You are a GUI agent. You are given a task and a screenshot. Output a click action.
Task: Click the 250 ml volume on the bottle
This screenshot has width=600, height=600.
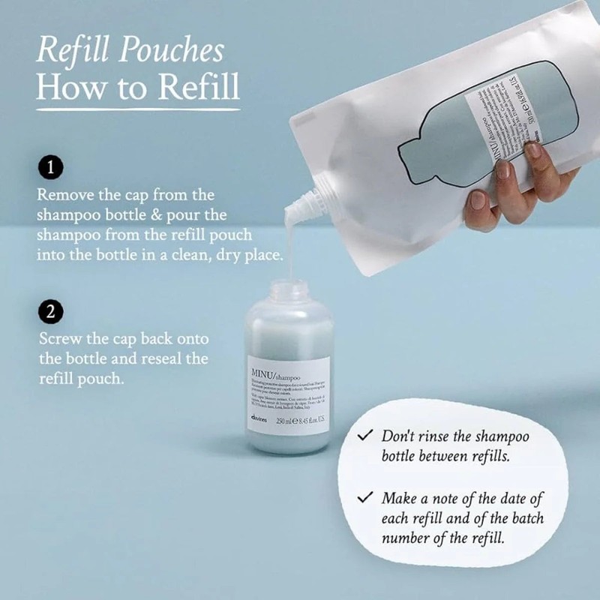tap(286, 421)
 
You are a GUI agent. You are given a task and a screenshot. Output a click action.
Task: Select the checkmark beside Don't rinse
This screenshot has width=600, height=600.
tap(365, 436)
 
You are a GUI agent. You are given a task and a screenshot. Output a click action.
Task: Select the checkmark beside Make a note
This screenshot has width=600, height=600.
tap(365, 498)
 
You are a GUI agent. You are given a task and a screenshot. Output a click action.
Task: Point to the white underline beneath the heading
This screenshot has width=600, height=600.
tap(138, 109)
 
